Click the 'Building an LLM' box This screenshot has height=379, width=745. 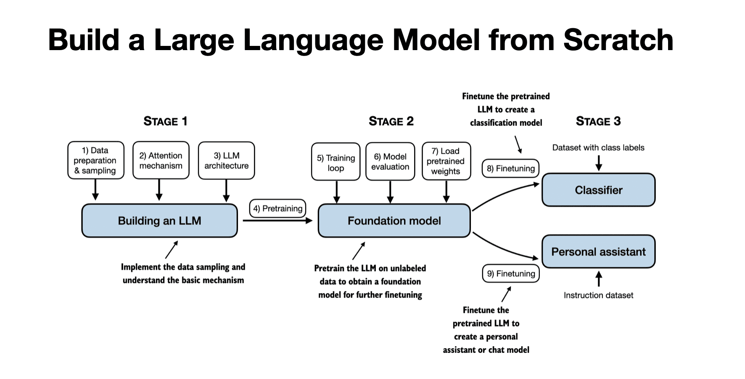pyautogui.click(x=159, y=221)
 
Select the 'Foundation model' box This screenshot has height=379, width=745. pyautogui.click(x=394, y=221)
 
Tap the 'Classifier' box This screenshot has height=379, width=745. pyautogui.click(x=598, y=190)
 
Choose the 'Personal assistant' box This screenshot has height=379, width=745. pyautogui.click(x=598, y=252)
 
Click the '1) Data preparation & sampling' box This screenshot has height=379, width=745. pyautogui.click(x=95, y=160)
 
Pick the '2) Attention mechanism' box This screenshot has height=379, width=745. pyautogui.click(x=161, y=160)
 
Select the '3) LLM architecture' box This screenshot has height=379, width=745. pyautogui.click(x=226, y=160)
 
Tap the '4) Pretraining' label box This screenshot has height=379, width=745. pyautogui.click(x=277, y=208)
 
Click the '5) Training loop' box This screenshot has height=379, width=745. pyautogui.click(x=336, y=162)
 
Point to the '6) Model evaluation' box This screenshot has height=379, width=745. pyautogui.click(x=390, y=162)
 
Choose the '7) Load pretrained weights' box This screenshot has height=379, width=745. pyautogui.click(x=446, y=161)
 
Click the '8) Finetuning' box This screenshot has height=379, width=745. pyautogui.click(x=510, y=168)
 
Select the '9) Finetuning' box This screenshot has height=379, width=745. pyautogui.click(x=510, y=274)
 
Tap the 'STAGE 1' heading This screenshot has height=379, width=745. pyautogui.click(x=165, y=121)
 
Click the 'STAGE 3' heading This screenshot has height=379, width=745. pyautogui.click(x=598, y=121)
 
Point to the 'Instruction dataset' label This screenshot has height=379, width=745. pyautogui.click(x=598, y=295)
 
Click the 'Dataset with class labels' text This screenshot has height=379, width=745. pyautogui.click(x=598, y=148)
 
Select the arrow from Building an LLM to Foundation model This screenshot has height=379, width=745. pyautogui.click(x=277, y=221)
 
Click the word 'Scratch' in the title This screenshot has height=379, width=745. pyautogui.click(x=618, y=40)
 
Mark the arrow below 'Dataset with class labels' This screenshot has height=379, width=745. pyautogui.click(x=599, y=163)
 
